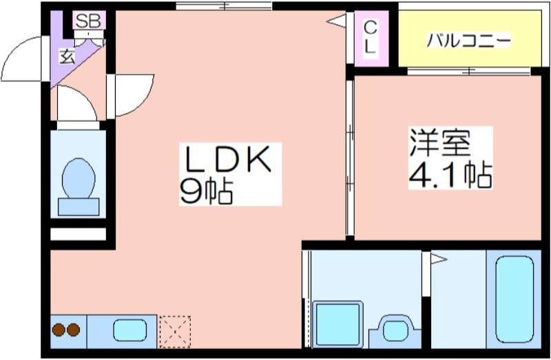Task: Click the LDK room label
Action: [x=229, y=160]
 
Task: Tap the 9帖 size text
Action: [x=206, y=192]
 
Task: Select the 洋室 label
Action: [x=439, y=142]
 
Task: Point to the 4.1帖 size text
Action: [x=450, y=176]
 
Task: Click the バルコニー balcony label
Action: [x=468, y=41]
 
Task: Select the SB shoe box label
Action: [x=89, y=21]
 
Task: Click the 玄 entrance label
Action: [x=67, y=56]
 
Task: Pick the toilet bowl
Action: [x=79, y=178]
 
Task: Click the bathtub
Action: [x=514, y=299]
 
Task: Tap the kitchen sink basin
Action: [x=130, y=330]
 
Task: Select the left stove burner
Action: [x=59, y=330]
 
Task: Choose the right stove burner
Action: [x=74, y=330]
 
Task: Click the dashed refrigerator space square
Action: [x=175, y=331]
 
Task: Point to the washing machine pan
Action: [x=337, y=324]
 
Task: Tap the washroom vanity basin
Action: [x=395, y=330]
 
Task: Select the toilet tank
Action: [x=79, y=207]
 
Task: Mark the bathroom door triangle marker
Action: [x=439, y=260]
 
